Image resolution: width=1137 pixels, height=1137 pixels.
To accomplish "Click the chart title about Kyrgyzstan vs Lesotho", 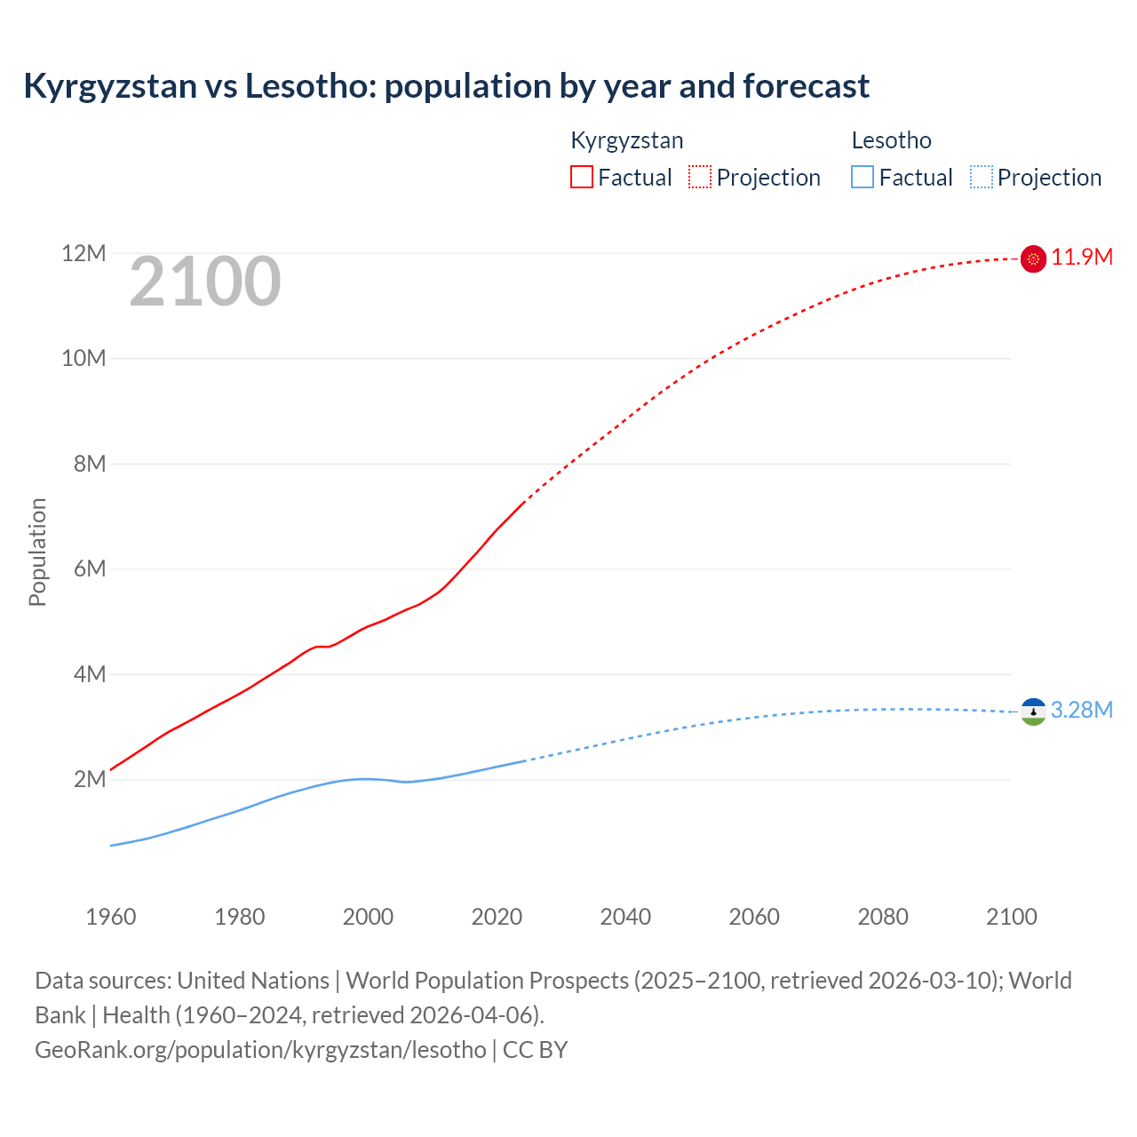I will coord(446,86).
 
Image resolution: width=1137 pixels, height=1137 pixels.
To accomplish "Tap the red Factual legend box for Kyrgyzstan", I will coord(581,177).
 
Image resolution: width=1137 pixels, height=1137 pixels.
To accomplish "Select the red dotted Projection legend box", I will coord(700,177).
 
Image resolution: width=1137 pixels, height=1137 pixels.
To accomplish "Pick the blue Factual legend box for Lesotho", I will coord(863,177).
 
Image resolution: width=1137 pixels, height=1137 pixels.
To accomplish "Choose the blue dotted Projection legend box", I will coord(982,177).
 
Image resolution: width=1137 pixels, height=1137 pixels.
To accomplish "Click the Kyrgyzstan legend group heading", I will coord(626,140).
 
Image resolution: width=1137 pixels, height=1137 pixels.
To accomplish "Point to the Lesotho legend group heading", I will coord(891,140).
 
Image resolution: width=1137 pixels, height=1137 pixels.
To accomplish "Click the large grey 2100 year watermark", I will coord(205,282).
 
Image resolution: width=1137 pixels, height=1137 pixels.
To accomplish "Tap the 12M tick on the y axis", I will coord(83,254).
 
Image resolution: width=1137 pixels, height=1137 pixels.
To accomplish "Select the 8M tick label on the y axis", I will coord(89,464).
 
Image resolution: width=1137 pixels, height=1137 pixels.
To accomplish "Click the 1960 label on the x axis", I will coord(111,917).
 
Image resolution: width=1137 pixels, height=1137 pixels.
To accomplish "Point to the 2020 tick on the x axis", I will coord(497,917).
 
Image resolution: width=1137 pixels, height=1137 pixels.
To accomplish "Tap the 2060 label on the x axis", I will coord(754,917).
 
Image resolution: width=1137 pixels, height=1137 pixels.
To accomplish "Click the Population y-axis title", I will coord(37,552).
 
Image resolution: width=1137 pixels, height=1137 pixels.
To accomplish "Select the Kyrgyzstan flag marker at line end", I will coord(1033,258).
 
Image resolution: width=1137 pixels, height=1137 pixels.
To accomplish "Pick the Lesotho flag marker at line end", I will coord(1033,712).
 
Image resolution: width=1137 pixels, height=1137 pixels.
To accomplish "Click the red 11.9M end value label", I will coord(1082,258).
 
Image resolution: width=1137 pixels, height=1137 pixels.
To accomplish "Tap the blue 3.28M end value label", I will coord(1082,711).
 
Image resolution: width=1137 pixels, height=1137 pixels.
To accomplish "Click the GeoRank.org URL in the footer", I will coord(260,1050).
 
